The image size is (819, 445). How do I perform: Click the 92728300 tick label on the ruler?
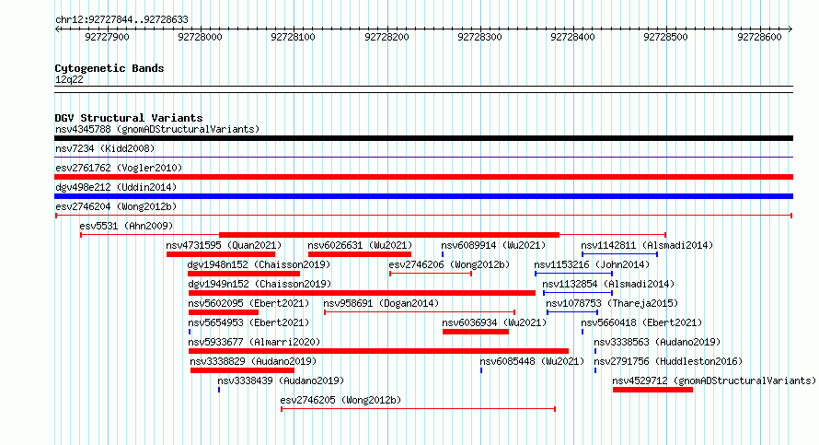tap(479, 37)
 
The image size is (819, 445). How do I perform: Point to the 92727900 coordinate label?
tap(107, 37)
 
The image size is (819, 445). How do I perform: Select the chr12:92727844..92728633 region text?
tap(121, 20)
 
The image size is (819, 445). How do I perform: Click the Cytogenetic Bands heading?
tap(110, 68)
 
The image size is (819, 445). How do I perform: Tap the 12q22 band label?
tap(69, 79)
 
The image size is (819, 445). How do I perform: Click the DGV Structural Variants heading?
tap(129, 118)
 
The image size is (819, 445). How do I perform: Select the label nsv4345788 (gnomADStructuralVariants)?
tap(157, 129)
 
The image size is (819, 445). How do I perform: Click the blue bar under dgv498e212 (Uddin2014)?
tap(423, 196)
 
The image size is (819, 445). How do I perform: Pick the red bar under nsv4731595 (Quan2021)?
tap(221, 254)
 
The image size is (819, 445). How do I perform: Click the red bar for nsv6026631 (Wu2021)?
tap(360, 254)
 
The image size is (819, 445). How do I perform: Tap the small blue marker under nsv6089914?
tap(443, 254)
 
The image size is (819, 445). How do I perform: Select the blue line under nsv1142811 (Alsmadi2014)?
tap(619, 254)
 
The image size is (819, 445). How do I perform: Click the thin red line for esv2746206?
tap(431, 274)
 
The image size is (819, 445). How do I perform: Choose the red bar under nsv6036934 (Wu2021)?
tap(476, 332)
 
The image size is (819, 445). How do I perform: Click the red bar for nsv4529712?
tap(653, 390)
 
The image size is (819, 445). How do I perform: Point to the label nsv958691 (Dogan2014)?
tap(381, 303)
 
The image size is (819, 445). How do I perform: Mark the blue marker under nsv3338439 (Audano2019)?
tap(219, 390)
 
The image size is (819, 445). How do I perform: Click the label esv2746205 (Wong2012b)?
tap(340, 400)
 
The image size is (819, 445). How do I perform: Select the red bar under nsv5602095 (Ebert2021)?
tap(224, 312)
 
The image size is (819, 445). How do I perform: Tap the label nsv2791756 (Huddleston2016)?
tap(668, 361)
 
